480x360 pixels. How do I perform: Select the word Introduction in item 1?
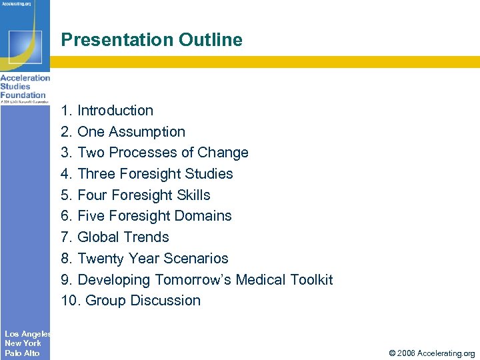115,111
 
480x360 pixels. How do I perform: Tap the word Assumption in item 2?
147,132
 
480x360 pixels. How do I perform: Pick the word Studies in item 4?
209,174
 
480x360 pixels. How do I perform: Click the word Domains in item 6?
205,216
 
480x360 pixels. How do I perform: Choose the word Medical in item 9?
257,280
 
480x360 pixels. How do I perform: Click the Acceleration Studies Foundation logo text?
25,87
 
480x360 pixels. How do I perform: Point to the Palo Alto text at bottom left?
22,353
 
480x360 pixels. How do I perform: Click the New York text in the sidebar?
23,343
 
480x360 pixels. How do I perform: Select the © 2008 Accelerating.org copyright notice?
433,353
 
